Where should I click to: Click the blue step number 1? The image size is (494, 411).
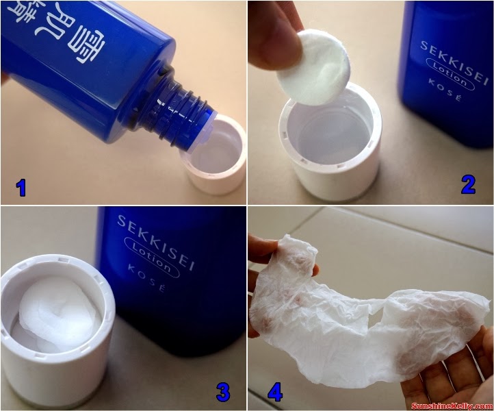tap(21, 186)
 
